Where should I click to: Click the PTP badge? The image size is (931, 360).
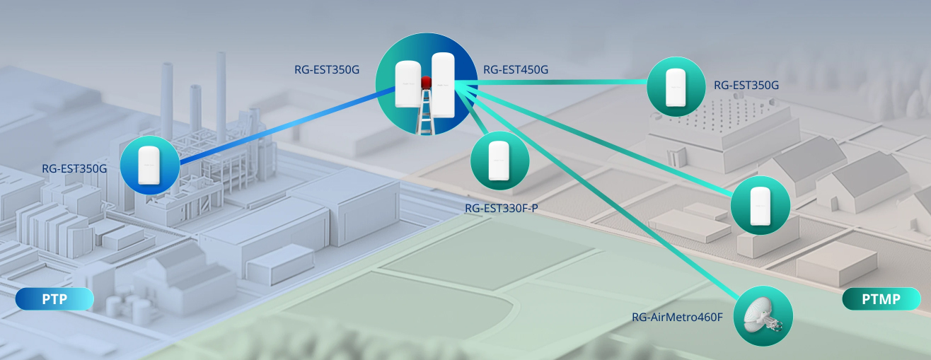pos(54,299)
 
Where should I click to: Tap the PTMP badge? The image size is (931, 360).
pos(881,299)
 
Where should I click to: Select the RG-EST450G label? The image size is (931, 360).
pos(516,69)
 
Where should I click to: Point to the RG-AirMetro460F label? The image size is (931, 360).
pos(677,317)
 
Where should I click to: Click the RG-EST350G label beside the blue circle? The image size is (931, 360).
pos(74,168)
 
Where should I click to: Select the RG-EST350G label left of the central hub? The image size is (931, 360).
pos(327,69)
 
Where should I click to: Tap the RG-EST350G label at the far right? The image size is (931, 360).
pos(746,86)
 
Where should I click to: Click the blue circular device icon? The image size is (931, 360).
pos(149,165)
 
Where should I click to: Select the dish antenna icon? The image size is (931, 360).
pos(763,316)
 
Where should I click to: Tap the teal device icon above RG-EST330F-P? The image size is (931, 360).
pos(499,161)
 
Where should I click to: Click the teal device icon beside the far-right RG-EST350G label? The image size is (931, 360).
pos(676,86)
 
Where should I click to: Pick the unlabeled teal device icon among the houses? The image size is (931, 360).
pos(760,205)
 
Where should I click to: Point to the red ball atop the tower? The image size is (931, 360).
pos(427,83)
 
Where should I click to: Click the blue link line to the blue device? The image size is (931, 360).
pos(283,127)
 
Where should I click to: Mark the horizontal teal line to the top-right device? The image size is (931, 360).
pos(559,83)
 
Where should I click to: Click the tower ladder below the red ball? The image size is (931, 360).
pos(426,113)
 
